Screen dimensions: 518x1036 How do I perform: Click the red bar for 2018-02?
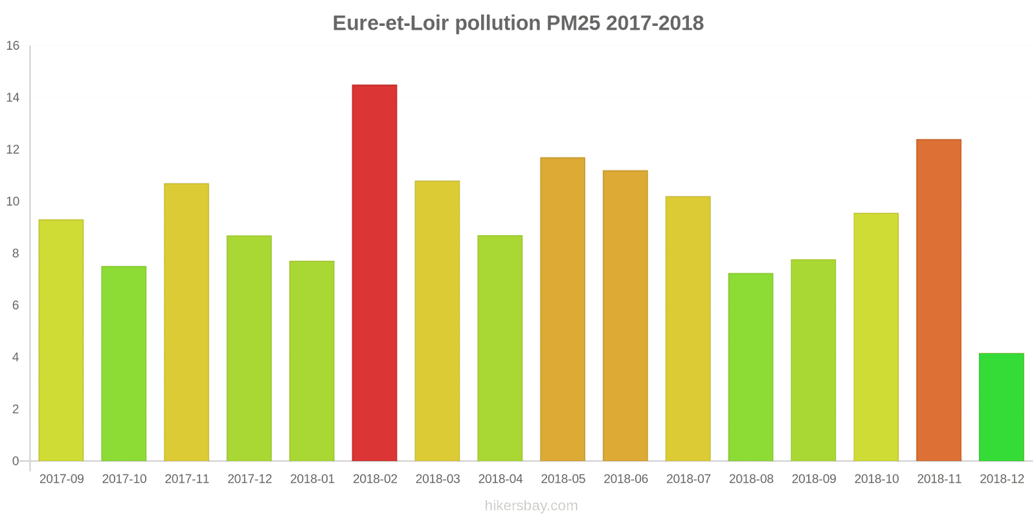click(374, 273)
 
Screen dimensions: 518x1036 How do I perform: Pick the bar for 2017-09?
click(61, 340)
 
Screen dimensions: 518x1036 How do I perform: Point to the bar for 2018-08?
click(750, 366)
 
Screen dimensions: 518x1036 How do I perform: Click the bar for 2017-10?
click(124, 363)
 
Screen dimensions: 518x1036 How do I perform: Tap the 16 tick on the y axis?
click(13, 46)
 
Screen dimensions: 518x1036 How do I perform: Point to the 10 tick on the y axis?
click(13, 201)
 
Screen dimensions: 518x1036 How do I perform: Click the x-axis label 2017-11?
click(187, 479)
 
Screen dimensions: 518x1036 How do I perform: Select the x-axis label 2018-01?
click(312, 479)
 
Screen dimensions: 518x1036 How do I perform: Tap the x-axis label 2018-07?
click(688, 479)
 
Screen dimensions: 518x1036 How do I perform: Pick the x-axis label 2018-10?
click(877, 479)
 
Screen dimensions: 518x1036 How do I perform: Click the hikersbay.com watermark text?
click(531, 506)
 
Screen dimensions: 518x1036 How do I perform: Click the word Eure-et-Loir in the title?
click(390, 23)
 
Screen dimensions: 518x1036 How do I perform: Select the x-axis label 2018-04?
click(501, 479)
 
